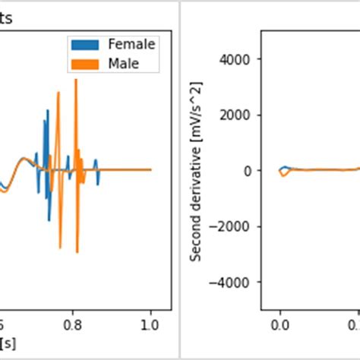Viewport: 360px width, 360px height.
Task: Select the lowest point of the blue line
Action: [x=49, y=221]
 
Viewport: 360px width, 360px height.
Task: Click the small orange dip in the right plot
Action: [x=283, y=175]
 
